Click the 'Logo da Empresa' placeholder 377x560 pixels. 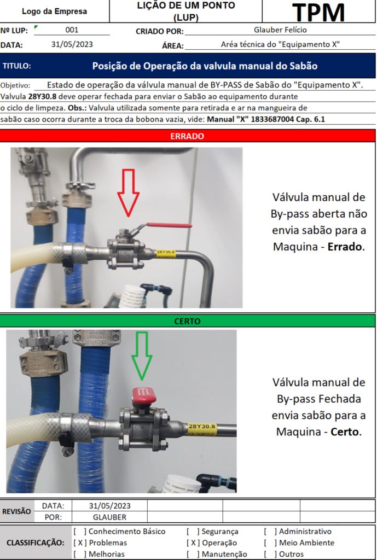[54, 11]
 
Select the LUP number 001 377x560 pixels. [72, 31]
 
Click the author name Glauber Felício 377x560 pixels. [281, 31]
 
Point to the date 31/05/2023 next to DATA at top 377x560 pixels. [72, 45]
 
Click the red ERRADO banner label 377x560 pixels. [188, 136]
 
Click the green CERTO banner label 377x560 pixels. [188, 321]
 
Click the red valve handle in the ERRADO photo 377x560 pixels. [170, 225]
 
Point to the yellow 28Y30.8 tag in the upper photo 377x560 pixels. [166, 253]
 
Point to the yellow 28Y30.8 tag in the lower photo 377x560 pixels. [202, 427]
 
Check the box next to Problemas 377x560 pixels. [80, 543]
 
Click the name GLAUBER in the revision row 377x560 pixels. [109, 517]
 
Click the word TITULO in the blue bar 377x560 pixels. [17, 66]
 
